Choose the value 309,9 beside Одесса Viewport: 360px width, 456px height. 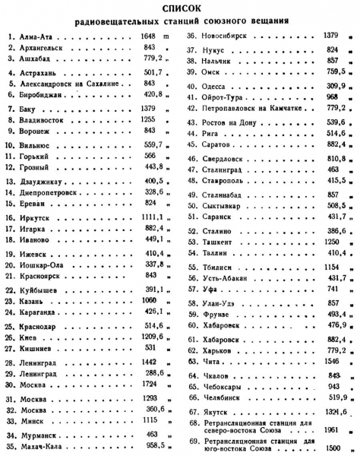pos(334,86)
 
